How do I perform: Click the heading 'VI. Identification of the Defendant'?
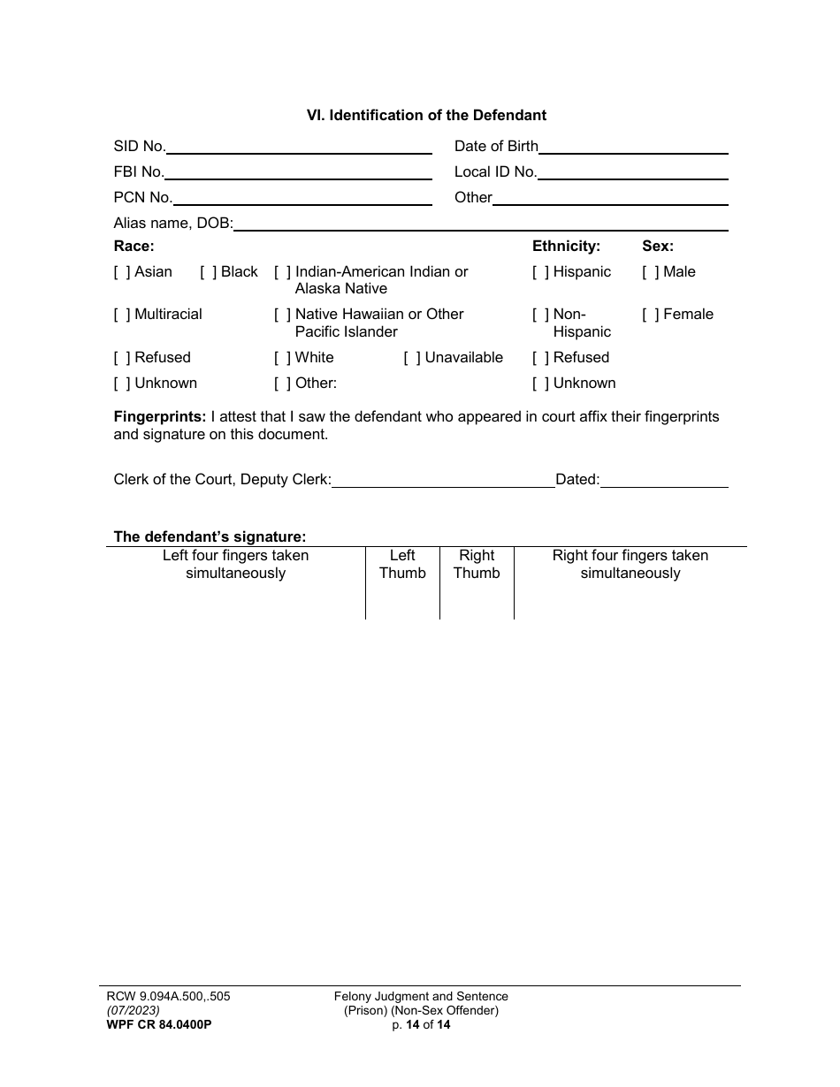point(426,115)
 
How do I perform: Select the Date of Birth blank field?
point(633,148)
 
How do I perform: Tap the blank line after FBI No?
point(298,173)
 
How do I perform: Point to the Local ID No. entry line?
point(632,173)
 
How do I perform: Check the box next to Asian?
point(122,272)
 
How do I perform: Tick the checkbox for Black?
point(209,272)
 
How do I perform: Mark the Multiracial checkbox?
point(122,315)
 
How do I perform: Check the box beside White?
point(283,358)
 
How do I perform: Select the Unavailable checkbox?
point(412,358)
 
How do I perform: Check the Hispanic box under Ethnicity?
point(540,272)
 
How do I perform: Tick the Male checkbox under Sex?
point(651,272)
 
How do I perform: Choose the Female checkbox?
point(651,315)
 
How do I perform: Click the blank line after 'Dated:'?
point(664,481)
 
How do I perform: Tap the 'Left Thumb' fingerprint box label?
point(402,565)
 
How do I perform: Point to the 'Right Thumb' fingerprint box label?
point(477,565)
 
